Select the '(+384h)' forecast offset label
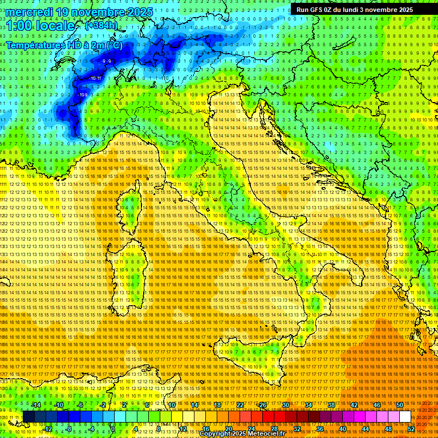click(102, 26)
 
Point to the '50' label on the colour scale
click(400, 405)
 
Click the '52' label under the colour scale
click(411, 429)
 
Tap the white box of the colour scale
click(405, 417)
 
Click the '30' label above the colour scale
click(286, 405)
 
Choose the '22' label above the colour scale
click(240, 405)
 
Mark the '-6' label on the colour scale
click(81, 405)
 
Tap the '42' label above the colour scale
click(354, 405)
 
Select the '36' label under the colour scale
click(319, 429)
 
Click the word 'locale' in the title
click(55, 26)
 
